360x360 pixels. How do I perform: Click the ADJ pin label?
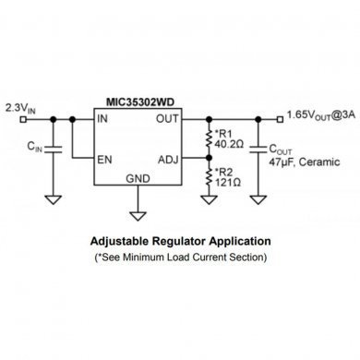tap(169, 159)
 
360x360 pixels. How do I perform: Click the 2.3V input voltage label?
tap(18, 108)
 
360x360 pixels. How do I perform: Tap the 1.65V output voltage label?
tap(323, 115)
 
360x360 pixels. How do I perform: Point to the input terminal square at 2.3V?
tap(6, 119)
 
